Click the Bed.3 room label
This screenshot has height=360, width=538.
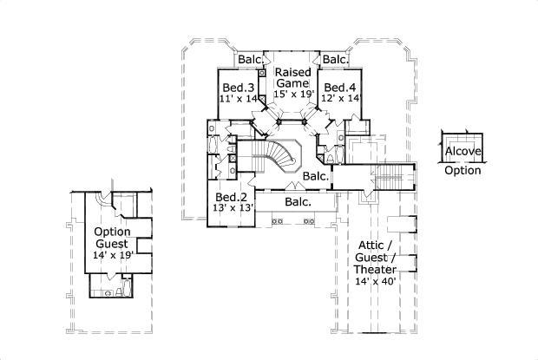(238, 88)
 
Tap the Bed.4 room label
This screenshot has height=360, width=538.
(338, 88)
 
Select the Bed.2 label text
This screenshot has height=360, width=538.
(231, 197)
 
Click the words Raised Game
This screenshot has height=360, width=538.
(293, 79)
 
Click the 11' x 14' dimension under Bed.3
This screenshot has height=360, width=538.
(238, 99)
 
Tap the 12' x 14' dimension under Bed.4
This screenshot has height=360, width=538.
(339, 99)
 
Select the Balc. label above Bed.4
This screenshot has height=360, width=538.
(335, 60)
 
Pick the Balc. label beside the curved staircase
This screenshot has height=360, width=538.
(316, 176)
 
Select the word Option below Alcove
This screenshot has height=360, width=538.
(462, 170)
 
